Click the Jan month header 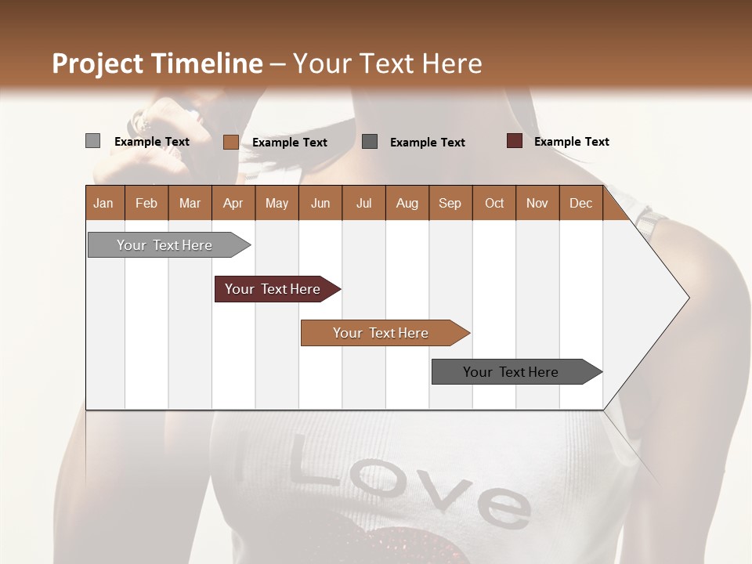(x=103, y=203)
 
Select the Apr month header (x=233, y=203)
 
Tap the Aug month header (x=407, y=203)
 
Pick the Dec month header (x=580, y=203)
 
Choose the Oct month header (x=493, y=203)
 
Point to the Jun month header (x=320, y=203)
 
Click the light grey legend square (x=92, y=141)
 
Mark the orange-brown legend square (x=230, y=142)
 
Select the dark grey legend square (x=370, y=142)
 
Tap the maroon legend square (x=514, y=141)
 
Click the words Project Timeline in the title (x=157, y=63)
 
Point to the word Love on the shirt (x=407, y=485)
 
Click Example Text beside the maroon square (x=571, y=141)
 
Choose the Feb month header (x=146, y=203)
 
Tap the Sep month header (x=450, y=203)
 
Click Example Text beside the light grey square (x=151, y=141)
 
